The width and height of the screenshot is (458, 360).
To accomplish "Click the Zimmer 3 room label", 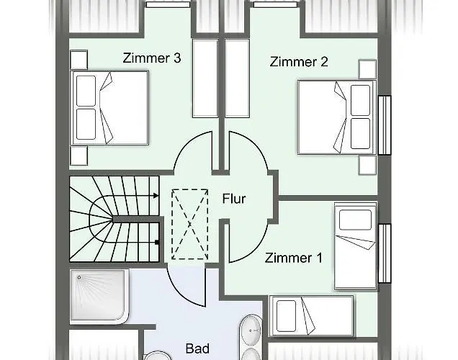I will pyautogui.click(x=151, y=58).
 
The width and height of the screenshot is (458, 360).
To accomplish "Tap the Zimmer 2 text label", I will pyautogui.click(x=299, y=62).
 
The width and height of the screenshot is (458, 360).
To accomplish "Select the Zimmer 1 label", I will pyautogui.click(x=293, y=258).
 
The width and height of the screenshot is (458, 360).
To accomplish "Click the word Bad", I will pyautogui.click(x=197, y=349).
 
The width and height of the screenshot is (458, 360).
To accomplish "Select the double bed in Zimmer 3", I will pyautogui.click(x=108, y=108).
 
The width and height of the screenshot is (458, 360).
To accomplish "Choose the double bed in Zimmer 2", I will pyautogui.click(x=336, y=116).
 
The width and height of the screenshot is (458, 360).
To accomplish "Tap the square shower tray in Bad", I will pyautogui.click(x=100, y=296).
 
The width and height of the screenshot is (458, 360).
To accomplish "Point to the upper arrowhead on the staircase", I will pyautogui.click(x=156, y=194).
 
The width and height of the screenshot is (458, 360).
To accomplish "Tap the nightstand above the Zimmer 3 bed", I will pyautogui.click(x=78, y=58).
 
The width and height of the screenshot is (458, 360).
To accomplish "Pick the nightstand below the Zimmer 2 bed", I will pyautogui.click(x=367, y=164).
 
